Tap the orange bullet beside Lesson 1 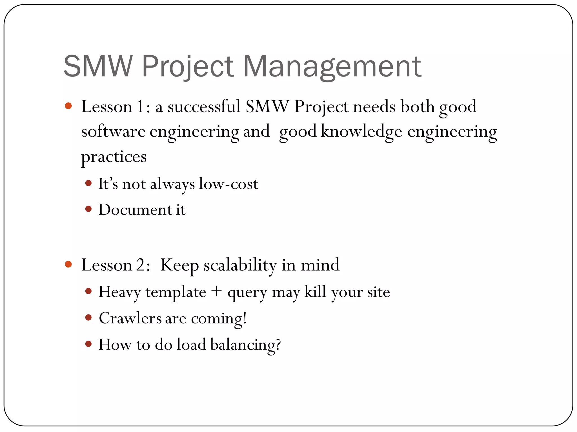click(x=68, y=106)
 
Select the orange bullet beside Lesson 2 click(x=68, y=264)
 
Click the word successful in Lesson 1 click(x=204, y=107)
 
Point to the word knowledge click(x=361, y=131)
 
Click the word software click(x=113, y=131)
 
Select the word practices click(x=114, y=157)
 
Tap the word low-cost click(x=228, y=184)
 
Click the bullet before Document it click(x=88, y=209)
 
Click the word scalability click(x=240, y=265)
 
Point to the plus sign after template click(x=216, y=291)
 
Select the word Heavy click(x=119, y=292)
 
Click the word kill click(x=315, y=291)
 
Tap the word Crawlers click(x=130, y=318)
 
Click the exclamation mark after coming click(x=245, y=318)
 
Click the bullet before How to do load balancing click(x=88, y=344)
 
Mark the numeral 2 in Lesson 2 click(x=141, y=265)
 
